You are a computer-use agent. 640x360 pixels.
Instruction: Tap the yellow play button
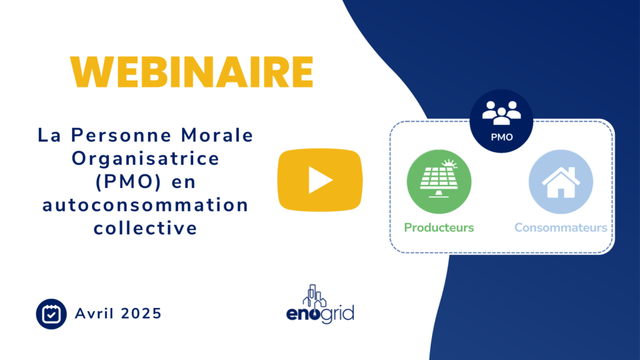click(320, 180)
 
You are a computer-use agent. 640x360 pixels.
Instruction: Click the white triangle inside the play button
click(321, 180)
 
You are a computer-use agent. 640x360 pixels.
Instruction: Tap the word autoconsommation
click(145, 205)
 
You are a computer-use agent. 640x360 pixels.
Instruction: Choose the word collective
click(145, 228)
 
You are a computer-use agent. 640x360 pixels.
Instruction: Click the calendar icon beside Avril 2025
click(51, 314)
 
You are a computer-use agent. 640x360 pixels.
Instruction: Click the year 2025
click(142, 314)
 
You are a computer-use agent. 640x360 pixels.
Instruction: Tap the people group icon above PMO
click(501, 111)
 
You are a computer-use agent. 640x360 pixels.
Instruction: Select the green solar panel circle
click(439, 182)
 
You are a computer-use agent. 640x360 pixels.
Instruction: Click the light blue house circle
click(561, 182)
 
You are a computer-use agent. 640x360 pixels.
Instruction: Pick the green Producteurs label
click(439, 227)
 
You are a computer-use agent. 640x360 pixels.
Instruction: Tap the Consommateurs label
click(561, 227)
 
